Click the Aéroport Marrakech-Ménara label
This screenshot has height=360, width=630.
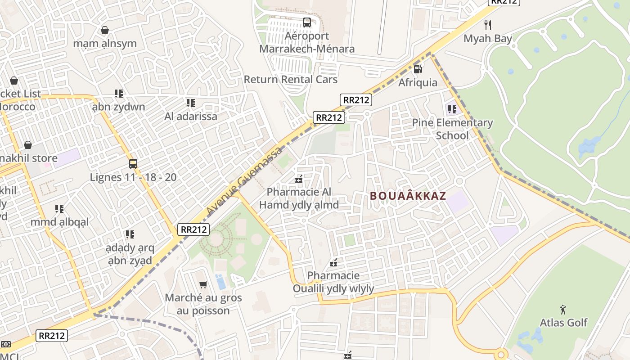[306, 42]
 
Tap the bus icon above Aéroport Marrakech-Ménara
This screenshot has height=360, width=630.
[306, 22]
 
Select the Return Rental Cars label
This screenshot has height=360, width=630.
[290, 80]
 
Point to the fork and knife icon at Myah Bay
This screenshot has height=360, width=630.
[487, 25]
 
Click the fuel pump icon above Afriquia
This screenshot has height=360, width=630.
[418, 69]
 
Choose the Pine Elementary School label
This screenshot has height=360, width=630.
[452, 129]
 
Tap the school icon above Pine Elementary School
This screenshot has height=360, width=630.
[452, 109]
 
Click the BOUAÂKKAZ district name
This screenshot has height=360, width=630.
[408, 196]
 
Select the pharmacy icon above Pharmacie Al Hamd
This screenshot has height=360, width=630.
[298, 180]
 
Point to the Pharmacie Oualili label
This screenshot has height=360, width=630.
[333, 282]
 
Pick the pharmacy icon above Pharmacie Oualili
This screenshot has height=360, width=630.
[333, 263]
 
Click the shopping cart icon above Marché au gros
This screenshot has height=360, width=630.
[203, 284]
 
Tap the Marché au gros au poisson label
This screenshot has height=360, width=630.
[203, 304]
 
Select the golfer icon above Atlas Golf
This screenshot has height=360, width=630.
[563, 310]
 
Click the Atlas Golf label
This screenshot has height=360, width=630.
[563, 323]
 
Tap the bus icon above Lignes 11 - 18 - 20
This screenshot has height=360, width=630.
[133, 164]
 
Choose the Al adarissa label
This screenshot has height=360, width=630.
[191, 117]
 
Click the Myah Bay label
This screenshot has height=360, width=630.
[488, 39]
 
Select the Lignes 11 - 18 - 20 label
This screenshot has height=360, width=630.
[133, 177]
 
